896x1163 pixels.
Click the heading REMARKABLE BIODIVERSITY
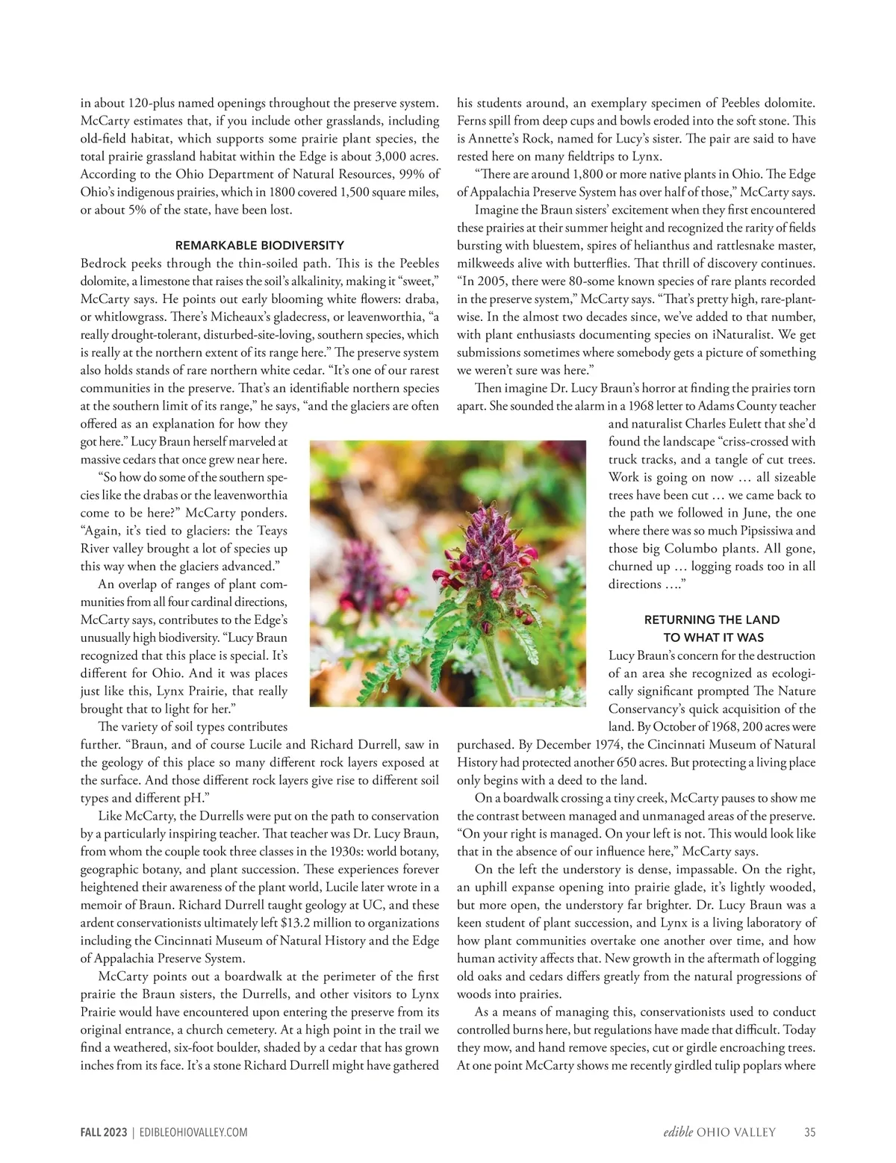(259, 245)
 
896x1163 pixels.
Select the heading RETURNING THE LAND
(711, 620)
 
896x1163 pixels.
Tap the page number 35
(809, 1132)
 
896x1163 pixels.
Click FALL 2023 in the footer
(104, 1132)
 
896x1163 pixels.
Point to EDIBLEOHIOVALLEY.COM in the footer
(193, 1132)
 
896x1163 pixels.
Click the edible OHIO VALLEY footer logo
(719, 1132)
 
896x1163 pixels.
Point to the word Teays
(271, 530)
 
